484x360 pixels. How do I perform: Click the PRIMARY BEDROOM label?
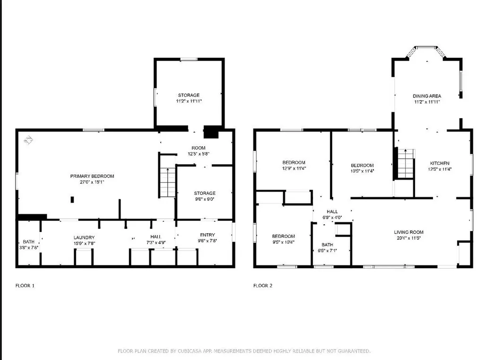click(x=92, y=176)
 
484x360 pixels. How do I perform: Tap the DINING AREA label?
click(x=427, y=96)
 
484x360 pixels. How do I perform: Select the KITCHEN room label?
click(x=439, y=163)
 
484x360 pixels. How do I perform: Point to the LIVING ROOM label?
click(x=409, y=232)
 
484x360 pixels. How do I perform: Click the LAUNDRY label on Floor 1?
click(x=84, y=237)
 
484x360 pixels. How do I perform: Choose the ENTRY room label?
click(x=207, y=235)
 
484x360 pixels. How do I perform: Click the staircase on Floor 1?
click(x=167, y=182)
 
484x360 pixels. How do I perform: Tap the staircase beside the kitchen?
click(x=405, y=163)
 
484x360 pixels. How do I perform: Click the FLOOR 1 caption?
click(x=25, y=285)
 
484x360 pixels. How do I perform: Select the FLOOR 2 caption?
click(x=263, y=285)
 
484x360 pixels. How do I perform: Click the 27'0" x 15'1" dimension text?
click(x=92, y=183)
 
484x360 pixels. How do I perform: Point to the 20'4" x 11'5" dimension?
click(x=409, y=238)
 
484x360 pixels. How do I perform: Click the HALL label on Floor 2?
click(x=331, y=211)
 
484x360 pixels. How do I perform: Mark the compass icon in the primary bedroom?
click(x=28, y=140)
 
